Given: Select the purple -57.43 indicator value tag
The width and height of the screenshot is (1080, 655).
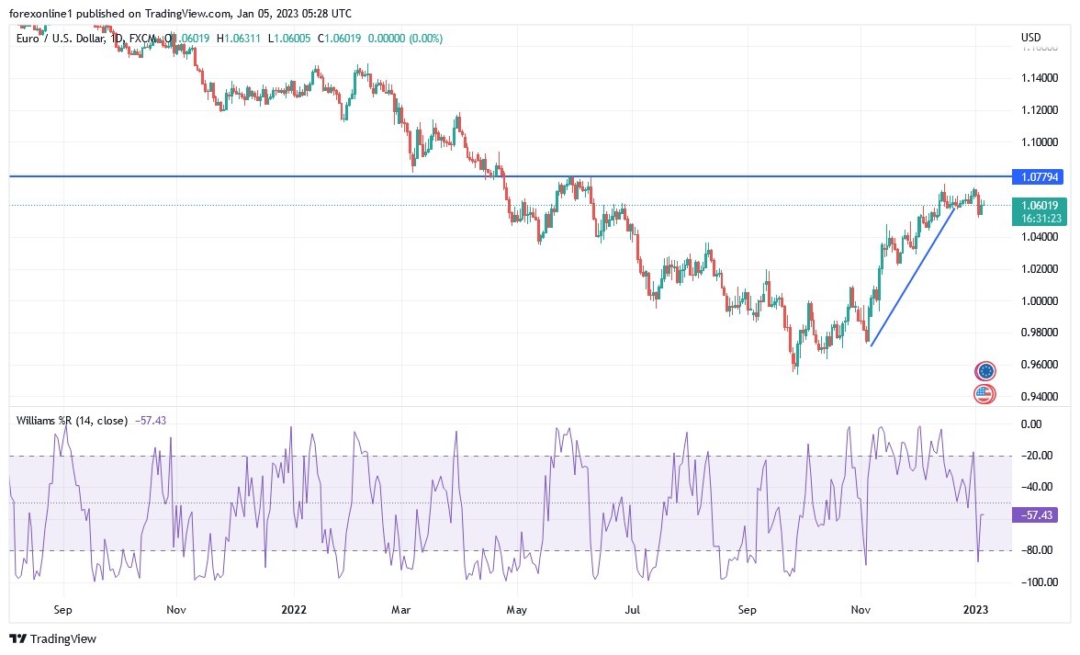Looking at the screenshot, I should coord(1034,515).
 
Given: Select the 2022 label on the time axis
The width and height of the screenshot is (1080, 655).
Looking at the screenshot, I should coord(294,609).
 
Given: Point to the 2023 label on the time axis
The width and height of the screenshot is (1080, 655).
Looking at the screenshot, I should coord(976,609).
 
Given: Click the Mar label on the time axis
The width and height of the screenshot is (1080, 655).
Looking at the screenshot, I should coord(400,609).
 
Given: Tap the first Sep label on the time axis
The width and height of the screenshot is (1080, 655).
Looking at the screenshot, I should coord(62,609).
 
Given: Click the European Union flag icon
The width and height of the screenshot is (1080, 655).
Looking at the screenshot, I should coord(985,371).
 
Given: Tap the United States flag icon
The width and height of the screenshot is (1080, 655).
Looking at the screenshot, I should coord(984,394).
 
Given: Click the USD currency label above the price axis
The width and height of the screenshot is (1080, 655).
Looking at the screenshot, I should coord(1030,38).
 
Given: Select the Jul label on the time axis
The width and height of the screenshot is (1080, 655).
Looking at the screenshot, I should coord(633,609).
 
